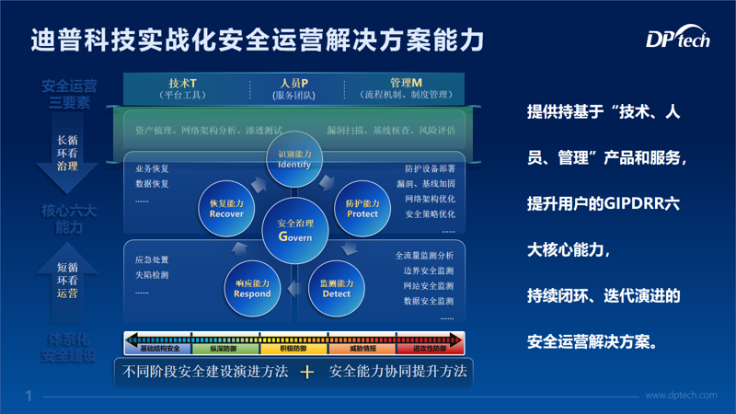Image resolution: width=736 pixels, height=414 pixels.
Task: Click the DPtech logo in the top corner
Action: [x=677, y=40]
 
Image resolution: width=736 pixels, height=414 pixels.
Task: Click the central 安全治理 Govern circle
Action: [x=294, y=229]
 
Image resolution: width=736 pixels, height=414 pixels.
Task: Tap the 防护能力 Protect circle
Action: [x=362, y=208]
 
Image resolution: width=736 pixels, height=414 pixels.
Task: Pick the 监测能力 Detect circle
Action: [x=337, y=289]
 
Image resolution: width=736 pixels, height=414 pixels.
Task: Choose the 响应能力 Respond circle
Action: [x=252, y=289]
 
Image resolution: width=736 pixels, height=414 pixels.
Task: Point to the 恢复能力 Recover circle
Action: [x=226, y=208]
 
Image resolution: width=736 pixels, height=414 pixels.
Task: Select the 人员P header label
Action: [x=293, y=83]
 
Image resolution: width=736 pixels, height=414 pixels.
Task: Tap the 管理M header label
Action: [x=406, y=83]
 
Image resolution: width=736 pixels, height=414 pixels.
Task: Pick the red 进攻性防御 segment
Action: [x=430, y=349]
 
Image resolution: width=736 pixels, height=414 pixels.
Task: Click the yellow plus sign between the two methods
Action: [x=307, y=373]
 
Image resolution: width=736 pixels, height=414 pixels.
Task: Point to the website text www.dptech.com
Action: [x=681, y=396]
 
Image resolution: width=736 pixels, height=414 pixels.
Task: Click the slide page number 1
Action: [x=29, y=396]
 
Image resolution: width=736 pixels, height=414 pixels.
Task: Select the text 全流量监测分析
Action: [x=424, y=256]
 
